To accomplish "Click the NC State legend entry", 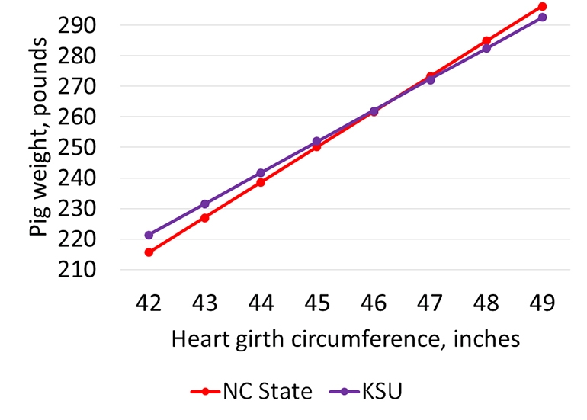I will pos(252,392).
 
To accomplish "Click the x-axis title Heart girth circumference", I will pos(345,338).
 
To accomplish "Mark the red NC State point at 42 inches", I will pos(149,252).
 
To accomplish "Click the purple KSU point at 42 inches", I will pos(149,235).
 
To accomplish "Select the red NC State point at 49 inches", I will pos(542,6).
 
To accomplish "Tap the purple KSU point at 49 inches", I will pos(542,17).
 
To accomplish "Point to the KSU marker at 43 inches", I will pos(205,204).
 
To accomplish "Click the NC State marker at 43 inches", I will pos(205,217).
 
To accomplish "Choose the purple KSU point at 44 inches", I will pos(261,173).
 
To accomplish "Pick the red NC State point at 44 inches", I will pos(261,182).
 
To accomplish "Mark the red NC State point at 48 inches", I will pos(486,40).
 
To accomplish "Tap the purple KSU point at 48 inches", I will pos(486,48).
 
